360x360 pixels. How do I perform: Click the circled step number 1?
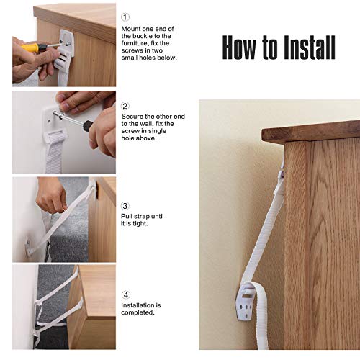[x=125, y=17]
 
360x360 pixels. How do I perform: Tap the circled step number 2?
[x=125, y=106]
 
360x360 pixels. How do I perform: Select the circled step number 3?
[x=125, y=206]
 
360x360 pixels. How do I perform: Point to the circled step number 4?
[x=126, y=295]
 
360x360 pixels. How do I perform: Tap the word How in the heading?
[x=240, y=48]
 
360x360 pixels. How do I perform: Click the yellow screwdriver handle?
[x=31, y=48]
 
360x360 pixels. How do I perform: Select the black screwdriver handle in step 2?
[x=88, y=126]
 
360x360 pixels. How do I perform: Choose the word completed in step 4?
[x=138, y=312]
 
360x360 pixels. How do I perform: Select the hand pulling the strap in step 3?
[x=52, y=195]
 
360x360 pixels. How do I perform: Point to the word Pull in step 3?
[x=127, y=216]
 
